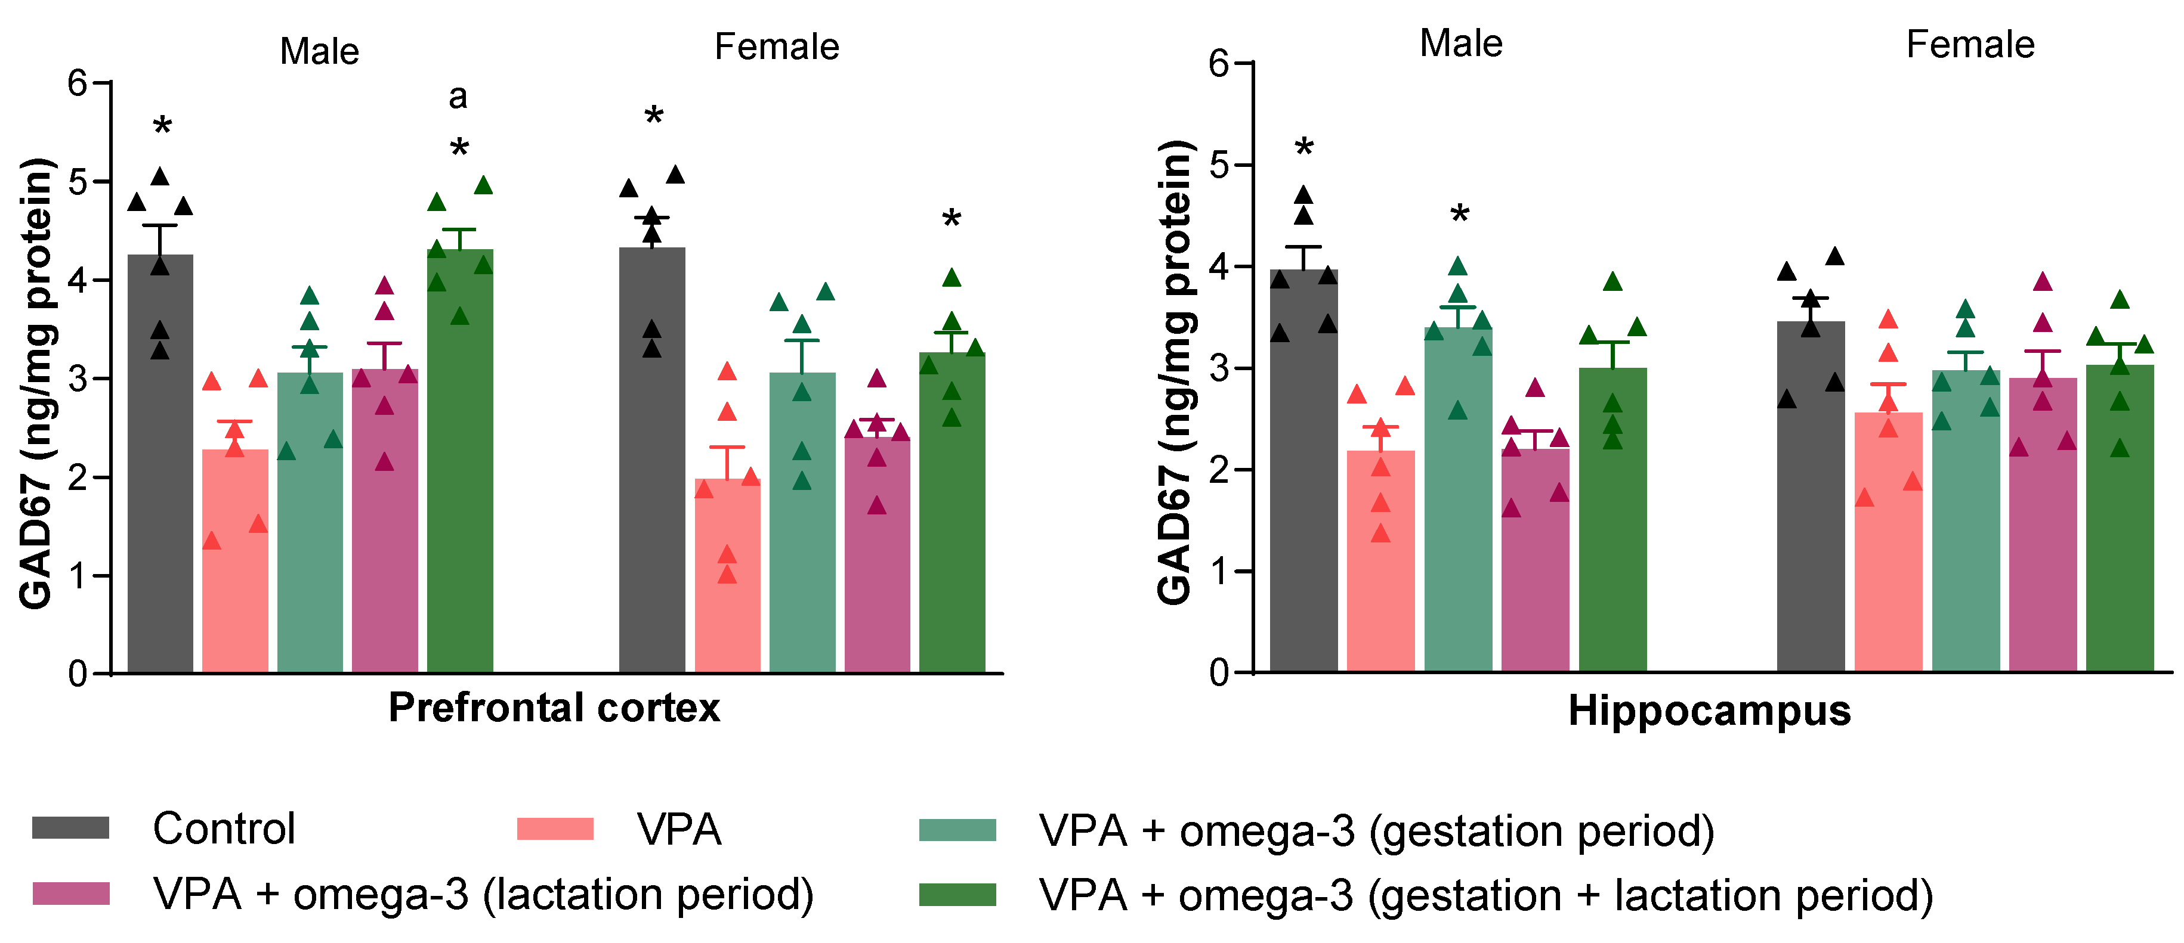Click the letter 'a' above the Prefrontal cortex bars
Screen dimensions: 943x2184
point(458,97)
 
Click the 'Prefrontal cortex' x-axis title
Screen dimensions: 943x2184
point(554,708)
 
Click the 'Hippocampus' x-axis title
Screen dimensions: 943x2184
point(1709,710)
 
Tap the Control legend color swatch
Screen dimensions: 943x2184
point(70,828)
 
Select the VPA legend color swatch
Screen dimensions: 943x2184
point(555,828)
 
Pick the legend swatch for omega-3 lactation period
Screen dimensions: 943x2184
point(70,893)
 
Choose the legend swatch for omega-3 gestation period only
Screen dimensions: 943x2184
point(957,830)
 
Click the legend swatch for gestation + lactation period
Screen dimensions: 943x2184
point(957,895)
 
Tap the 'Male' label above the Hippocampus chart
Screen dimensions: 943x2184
point(1461,43)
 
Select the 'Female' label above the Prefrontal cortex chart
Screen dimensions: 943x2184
point(777,46)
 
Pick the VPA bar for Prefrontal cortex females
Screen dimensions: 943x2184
point(727,576)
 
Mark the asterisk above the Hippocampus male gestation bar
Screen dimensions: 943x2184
point(1459,215)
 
